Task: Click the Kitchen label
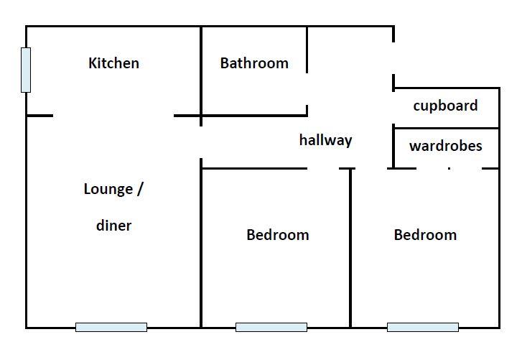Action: [113, 63]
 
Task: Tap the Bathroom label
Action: [254, 63]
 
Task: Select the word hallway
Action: [325, 140]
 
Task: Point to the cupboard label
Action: [445, 106]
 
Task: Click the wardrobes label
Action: [445, 147]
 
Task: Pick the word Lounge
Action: [108, 190]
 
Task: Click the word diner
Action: [113, 226]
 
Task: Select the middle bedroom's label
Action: [277, 235]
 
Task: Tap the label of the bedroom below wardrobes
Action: [425, 235]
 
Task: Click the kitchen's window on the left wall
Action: [26, 70]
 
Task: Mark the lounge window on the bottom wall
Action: [111, 327]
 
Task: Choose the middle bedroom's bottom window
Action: [271, 327]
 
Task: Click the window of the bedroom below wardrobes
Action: [423, 327]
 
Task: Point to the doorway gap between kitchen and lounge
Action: [113, 115]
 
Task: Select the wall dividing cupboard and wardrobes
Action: [445, 128]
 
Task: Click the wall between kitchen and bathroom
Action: [201, 72]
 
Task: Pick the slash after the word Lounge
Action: [140, 190]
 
